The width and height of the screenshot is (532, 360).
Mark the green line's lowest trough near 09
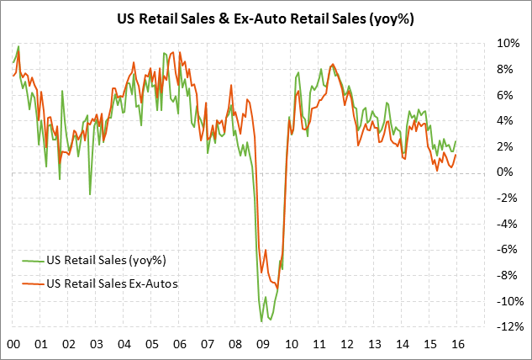(x=261, y=321)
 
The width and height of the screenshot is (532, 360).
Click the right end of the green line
(x=456, y=140)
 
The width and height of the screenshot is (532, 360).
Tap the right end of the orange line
(x=456, y=154)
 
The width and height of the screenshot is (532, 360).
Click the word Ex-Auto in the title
(x=283, y=17)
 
